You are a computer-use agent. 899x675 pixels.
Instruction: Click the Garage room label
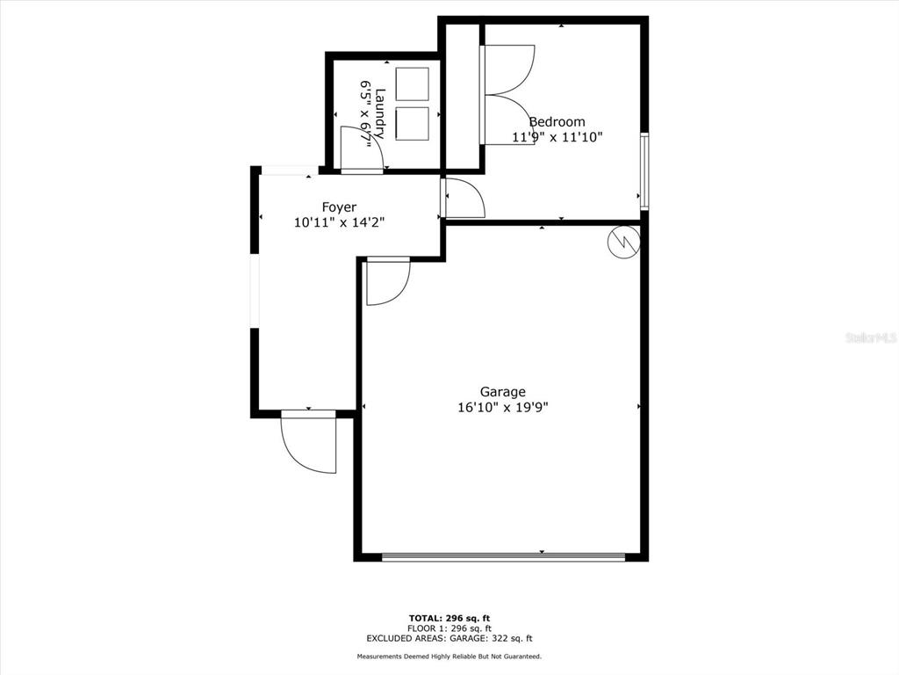tap(502, 392)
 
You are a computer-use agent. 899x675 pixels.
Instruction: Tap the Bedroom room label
tap(557, 122)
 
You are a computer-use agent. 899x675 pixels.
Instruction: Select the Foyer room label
tap(339, 207)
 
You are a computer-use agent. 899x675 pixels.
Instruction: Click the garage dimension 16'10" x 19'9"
tap(502, 407)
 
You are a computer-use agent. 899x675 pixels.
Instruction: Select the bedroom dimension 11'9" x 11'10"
tap(557, 137)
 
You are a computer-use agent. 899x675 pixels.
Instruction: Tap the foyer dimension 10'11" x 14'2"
tap(339, 223)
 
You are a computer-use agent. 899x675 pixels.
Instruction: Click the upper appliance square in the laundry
tap(412, 83)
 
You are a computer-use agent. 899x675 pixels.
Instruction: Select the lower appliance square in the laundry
tap(412, 123)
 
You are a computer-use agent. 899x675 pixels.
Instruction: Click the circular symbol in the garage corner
tap(623, 241)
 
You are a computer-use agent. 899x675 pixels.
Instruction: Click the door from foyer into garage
tap(386, 281)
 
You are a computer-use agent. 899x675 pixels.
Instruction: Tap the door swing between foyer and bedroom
tap(464, 199)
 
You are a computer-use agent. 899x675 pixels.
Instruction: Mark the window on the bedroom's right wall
tap(644, 171)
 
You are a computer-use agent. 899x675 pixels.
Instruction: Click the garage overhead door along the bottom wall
tap(504, 556)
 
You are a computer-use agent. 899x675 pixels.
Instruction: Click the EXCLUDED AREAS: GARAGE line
tap(449, 639)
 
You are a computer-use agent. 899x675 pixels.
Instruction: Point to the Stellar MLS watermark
tap(870, 337)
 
